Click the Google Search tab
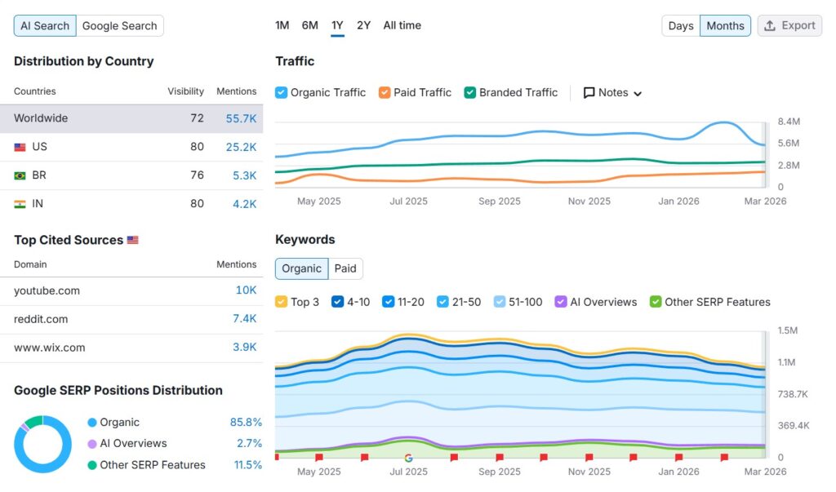tap(119, 25)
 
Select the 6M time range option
tap(309, 25)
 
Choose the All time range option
tap(402, 25)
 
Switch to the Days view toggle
tap(680, 25)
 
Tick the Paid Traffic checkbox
tap(385, 92)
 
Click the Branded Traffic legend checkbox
tap(470, 92)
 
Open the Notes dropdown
tap(612, 92)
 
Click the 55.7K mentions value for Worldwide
tap(241, 118)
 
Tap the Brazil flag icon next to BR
tap(20, 175)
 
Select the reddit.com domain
tap(41, 319)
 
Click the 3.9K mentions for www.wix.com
tap(245, 348)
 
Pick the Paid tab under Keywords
tap(345, 268)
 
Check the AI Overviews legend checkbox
tap(561, 302)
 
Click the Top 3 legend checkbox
tap(282, 302)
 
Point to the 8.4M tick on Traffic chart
tap(789, 122)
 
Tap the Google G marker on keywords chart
tap(408, 458)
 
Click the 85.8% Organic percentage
tap(246, 423)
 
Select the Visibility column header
tap(185, 91)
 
